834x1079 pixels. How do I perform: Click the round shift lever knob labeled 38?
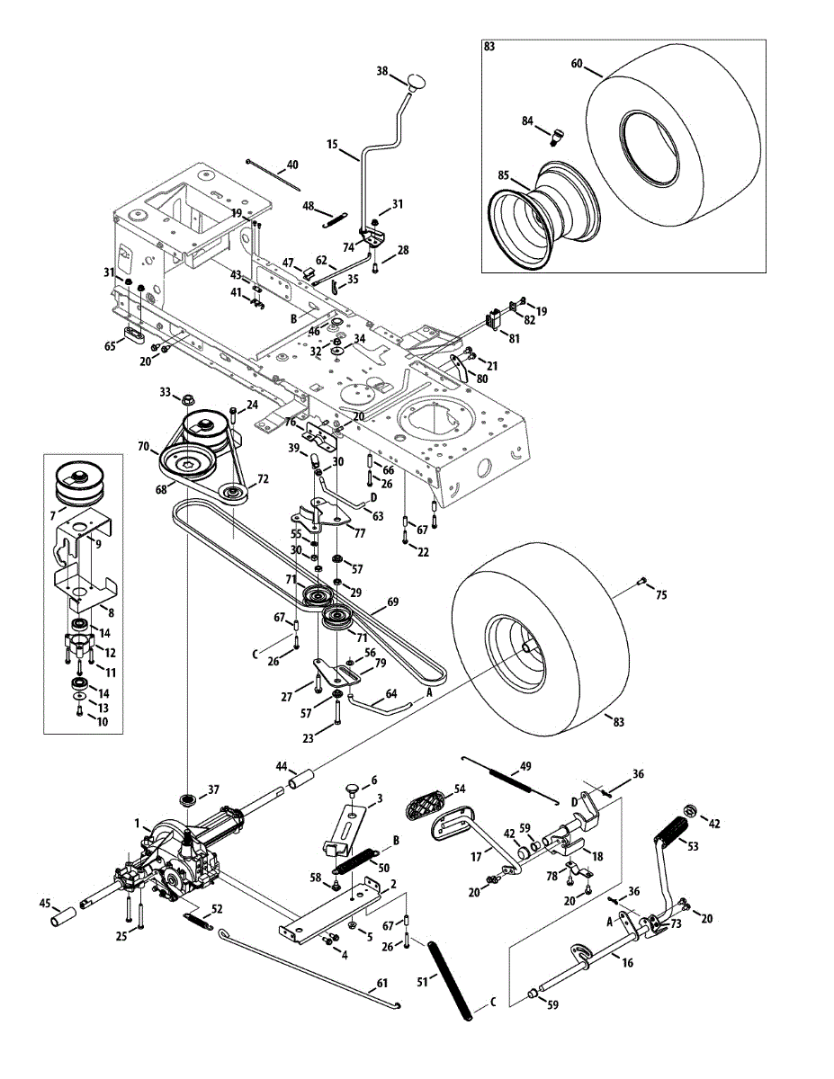pos(417,80)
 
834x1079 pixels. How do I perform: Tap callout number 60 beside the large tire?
pos(577,65)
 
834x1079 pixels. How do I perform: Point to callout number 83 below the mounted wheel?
pos(618,721)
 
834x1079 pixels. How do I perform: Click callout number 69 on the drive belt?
pos(392,602)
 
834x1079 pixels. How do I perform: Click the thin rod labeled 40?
pos(274,174)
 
